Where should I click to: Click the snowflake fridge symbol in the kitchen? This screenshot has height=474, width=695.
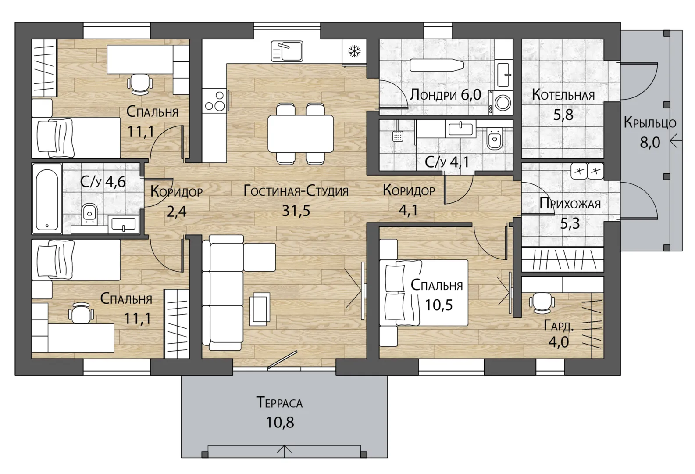pos(354,51)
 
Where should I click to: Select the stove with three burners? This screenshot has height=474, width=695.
pos(214,101)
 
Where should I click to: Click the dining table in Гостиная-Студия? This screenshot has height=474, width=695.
pos(301,134)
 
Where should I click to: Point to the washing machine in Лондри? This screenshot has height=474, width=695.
pos(501,102)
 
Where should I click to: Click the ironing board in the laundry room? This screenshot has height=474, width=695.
pos(437,65)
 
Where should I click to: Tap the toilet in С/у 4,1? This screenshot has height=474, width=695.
pos(494,139)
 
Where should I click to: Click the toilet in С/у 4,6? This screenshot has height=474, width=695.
pos(89,214)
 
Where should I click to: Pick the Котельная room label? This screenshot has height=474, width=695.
pos(563,95)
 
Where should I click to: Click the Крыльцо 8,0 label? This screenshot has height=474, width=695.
pos(650,133)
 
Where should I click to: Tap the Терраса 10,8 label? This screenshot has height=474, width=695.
pos(280,413)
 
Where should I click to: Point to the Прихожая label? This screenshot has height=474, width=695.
pos(570,204)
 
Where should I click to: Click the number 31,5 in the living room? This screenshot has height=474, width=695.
pos(296,211)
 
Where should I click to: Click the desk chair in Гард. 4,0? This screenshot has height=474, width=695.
pos(542,302)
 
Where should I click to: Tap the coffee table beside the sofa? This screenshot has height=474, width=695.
pos(260,309)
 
